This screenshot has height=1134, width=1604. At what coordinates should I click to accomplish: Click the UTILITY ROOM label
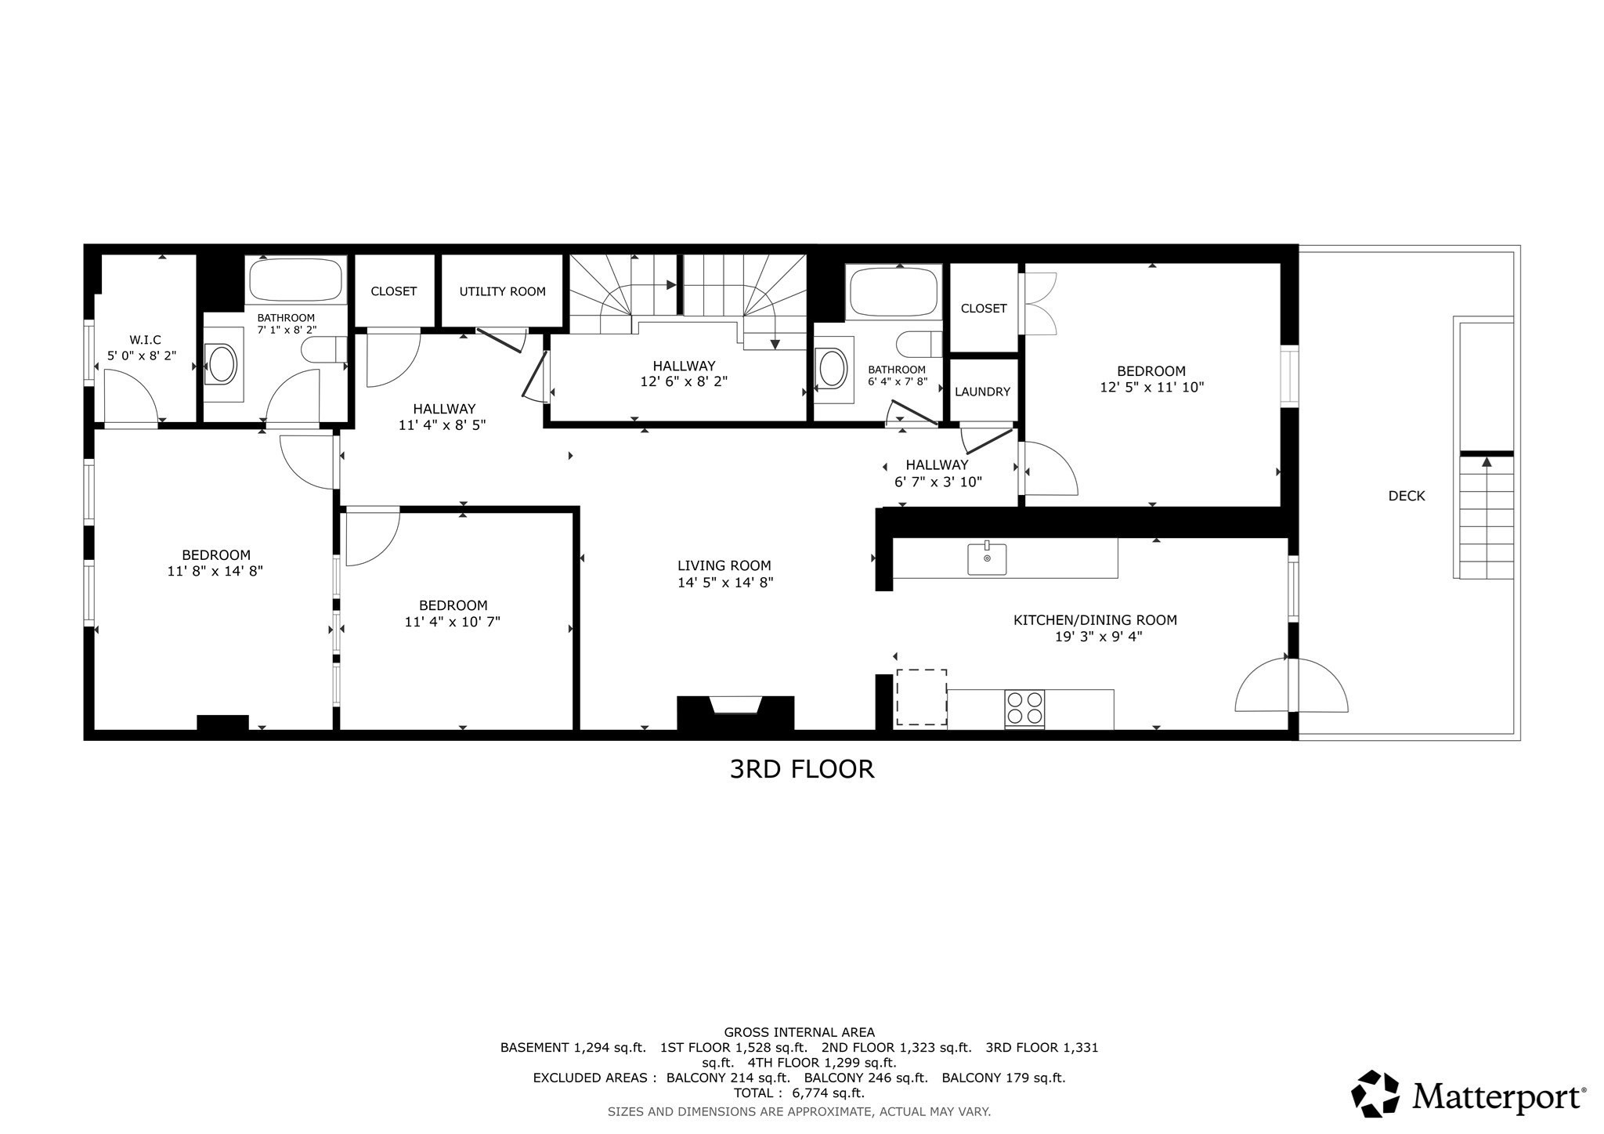point(502,291)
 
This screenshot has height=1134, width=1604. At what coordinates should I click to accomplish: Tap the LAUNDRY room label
point(982,392)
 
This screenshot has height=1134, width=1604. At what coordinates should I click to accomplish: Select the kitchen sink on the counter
point(987,558)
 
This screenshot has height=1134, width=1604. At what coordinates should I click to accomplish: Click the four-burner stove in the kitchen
point(1024,708)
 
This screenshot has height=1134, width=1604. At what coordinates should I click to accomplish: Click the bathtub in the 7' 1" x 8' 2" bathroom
point(296,280)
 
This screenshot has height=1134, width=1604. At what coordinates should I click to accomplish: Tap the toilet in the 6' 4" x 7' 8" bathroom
point(918,344)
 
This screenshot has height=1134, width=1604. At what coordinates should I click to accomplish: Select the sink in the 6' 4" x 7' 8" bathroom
point(832,369)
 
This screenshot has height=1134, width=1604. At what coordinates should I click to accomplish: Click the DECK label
point(1406,496)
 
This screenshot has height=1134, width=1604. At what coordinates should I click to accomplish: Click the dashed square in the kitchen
point(921,696)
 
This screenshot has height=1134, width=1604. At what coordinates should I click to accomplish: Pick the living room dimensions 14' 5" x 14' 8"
point(725,583)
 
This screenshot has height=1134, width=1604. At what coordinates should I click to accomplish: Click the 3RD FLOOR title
point(801,769)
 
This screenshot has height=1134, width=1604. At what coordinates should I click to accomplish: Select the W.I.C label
point(145,340)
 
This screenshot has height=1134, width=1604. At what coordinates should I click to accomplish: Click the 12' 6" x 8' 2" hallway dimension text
point(684,382)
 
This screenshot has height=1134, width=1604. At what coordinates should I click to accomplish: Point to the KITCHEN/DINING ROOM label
point(1094,620)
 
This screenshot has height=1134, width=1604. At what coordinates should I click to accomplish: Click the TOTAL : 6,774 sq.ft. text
point(799,1092)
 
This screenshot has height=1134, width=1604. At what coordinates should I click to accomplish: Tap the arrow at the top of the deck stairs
point(1486,462)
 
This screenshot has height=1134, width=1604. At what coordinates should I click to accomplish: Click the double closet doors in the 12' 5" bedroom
point(1040,304)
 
